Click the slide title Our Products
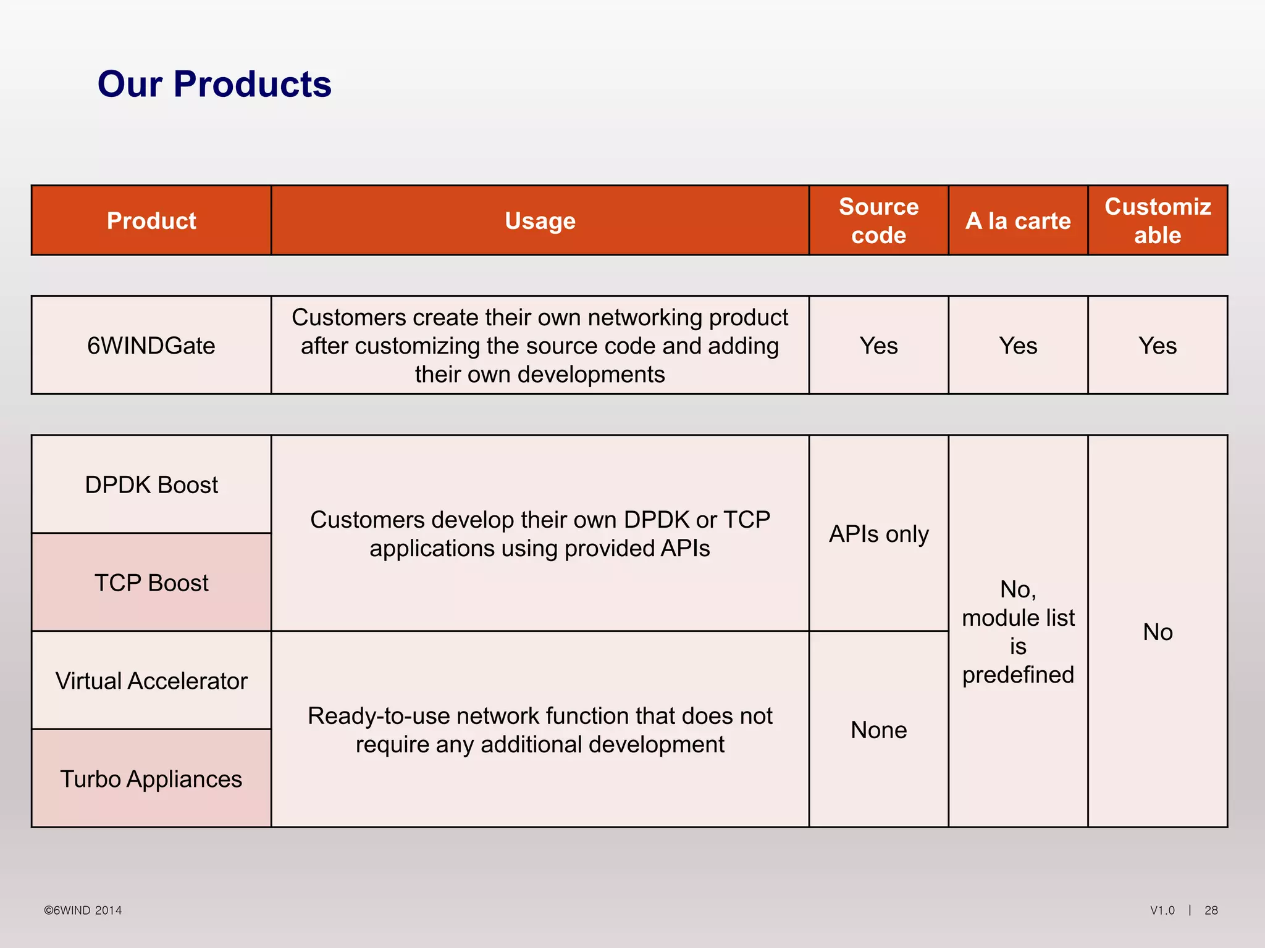click(x=214, y=84)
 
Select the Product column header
click(x=151, y=221)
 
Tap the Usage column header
click(x=540, y=221)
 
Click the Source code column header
click(x=878, y=221)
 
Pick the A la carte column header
click(x=1018, y=221)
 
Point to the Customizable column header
click(x=1158, y=221)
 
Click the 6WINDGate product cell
click(x=151, y=346)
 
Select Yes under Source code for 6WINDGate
click(x=878, y=346)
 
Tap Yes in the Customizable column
click(x=1158, y=346)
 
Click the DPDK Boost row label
click(x=151, y=485)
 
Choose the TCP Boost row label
click(x=151, y=583)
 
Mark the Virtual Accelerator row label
click(x=151, y=681)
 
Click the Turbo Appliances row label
click(x=151, y=779)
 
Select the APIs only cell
click(x=878, y=534)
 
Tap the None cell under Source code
click(x=878, y=730)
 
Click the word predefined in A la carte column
click(x=1018, y=675)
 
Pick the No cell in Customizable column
click(x=1158, y=632)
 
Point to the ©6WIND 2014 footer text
click(x=83, y=910)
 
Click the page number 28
click(x=1211, y=910)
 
